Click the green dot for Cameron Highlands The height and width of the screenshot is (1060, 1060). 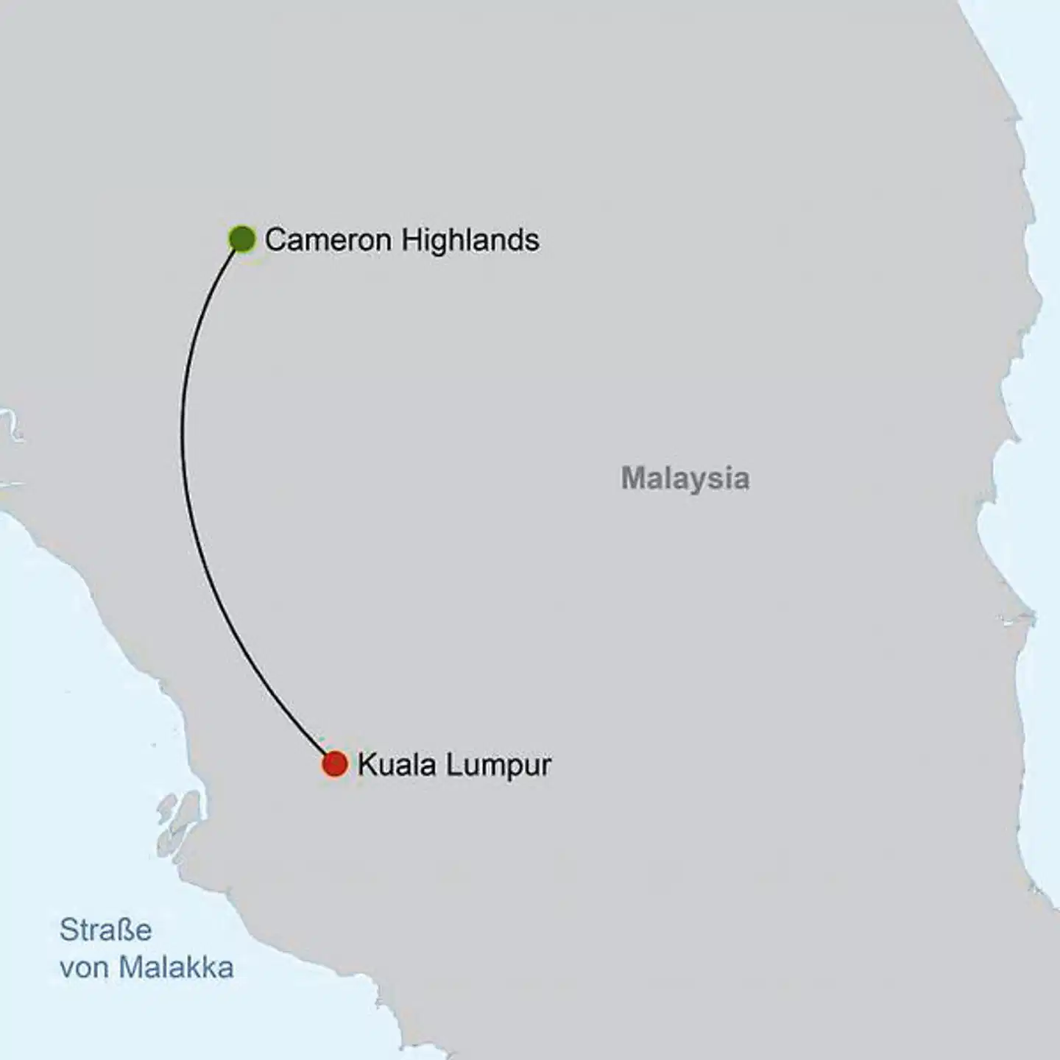coord(241,239)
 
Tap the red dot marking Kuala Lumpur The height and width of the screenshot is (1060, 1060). coord(334,764)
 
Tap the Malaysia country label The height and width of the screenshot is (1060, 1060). coord(685,478)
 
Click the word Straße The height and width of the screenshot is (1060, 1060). coord(105,930)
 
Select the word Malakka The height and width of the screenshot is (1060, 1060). coord(177,967)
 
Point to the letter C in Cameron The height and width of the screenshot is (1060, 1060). coord(275,240)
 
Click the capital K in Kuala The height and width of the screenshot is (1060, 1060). coord(367,765)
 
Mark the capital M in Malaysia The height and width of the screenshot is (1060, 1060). coord(633,478)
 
